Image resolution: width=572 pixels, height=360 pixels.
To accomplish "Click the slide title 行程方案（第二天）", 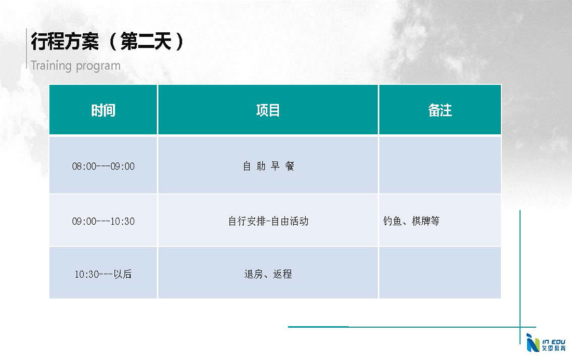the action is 108,41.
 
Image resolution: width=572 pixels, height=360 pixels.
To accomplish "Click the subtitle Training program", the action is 75,66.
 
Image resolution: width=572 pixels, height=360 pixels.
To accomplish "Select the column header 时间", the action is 103,110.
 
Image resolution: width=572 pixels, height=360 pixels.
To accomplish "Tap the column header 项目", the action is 268,110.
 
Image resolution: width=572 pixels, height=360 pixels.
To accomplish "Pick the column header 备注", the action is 440,110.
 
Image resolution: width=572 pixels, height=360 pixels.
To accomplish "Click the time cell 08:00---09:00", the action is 103,166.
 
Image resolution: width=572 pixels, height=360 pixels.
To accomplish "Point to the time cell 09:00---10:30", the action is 103,221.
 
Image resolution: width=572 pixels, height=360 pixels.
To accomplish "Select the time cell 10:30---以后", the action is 103,274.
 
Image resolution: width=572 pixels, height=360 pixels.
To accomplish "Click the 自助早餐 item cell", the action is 268,166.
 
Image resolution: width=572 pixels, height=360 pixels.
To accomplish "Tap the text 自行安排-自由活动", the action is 268,221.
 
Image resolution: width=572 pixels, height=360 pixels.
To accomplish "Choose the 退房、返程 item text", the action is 268,274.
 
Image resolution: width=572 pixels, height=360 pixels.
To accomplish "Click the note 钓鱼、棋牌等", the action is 411,221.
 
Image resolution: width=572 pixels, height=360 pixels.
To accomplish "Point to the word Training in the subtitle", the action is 51,66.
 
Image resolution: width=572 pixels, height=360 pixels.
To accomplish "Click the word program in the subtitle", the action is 98,67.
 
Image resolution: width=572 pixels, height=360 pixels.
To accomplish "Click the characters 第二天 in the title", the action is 146,41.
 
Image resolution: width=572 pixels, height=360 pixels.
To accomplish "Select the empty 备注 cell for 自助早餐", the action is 440,165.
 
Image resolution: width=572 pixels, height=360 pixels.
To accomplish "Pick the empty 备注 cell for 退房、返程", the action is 440,273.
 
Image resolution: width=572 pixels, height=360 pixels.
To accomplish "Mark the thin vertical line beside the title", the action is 27,48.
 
